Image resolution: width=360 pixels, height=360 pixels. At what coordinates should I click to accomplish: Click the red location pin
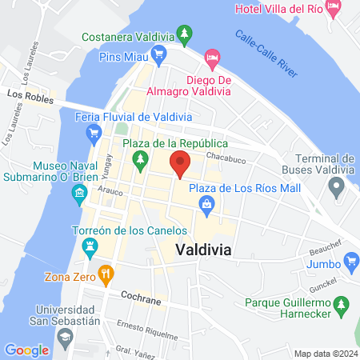point(180,163)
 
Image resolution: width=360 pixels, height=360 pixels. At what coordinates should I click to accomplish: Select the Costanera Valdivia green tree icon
point(186,35)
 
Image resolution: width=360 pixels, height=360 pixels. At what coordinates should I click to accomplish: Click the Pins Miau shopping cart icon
point(158,56)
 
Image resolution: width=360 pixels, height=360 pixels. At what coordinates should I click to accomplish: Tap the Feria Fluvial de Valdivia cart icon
point(94,133)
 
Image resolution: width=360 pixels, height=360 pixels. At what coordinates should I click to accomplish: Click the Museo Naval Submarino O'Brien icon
point(79,192)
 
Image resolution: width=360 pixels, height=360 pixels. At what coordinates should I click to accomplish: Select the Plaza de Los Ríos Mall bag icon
point(207,205)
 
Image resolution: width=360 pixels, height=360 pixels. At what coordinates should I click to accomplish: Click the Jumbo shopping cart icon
point(349,262)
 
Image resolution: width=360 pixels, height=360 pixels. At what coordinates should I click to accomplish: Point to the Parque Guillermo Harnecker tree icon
point(342,305)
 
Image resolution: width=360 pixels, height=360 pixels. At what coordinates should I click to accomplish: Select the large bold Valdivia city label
point(203,250)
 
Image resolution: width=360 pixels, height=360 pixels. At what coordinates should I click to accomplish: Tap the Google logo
point(26,350)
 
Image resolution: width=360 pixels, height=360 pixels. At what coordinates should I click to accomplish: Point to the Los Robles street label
point(26,94)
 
